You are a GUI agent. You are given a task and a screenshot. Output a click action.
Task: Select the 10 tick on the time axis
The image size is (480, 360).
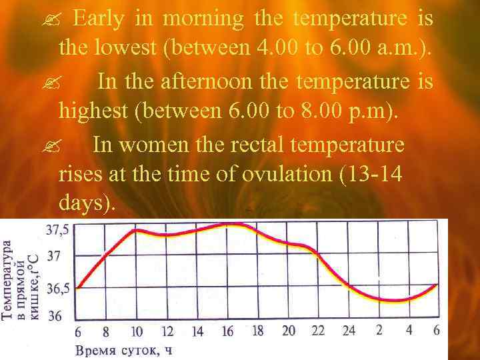pos(137,331)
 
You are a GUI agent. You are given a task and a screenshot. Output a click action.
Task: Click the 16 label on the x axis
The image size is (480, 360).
pos(227,331)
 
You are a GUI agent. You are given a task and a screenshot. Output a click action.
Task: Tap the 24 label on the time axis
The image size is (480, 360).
pos(349,331)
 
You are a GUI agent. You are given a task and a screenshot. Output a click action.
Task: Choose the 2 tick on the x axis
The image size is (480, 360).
pos(379,331)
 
